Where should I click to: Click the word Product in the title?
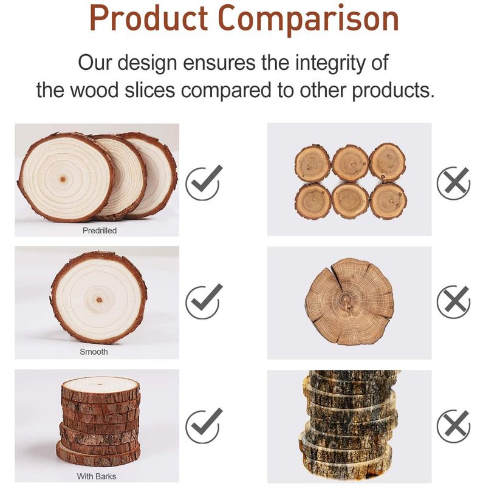(x=148, y=19)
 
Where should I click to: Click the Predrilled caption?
(x=100, y=231)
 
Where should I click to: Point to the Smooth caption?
(x=94, y=352)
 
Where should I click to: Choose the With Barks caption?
(x=97, y=476)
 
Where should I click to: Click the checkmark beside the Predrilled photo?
(x=204, y=183)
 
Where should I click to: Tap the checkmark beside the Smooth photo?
(x=204, y=301)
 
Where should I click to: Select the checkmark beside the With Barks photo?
(x=204, y=426)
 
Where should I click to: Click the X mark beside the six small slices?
(x=453, y=183)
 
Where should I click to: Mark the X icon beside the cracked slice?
(x=453, y=301)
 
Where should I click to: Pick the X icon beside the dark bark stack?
(x=453, y=426)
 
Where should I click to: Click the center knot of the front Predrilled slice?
(x=63, y=179)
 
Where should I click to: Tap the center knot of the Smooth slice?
(x=99, y=299)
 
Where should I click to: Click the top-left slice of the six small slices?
(x=312, y=163)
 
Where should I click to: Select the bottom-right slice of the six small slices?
(x=388, y=201)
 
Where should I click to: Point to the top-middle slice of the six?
(x=351, y=163)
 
